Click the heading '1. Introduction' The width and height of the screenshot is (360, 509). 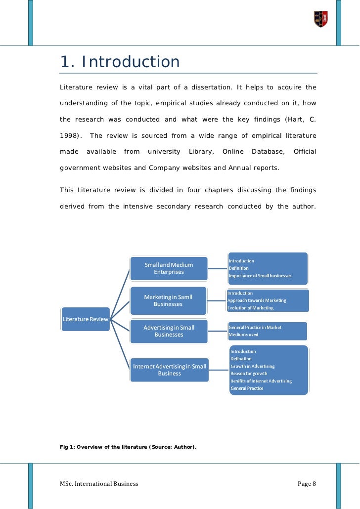tap(120, 62)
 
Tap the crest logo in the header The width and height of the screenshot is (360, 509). tap(320, 19)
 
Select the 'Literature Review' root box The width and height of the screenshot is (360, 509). tap(86, 319)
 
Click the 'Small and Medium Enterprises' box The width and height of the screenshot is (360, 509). tap(169, 268)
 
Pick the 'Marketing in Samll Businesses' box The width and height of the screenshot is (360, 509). tap(168, 300)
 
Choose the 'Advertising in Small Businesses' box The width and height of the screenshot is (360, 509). tap(169, 331)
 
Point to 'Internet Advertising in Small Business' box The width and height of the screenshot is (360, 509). tap(170, 370)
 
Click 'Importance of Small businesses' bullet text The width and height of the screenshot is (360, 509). tap(260, 275)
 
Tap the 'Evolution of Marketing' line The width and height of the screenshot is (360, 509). tap(250, 308)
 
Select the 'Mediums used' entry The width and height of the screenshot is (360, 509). tap(243, 335)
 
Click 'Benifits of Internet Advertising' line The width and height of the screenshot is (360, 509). tap(261, 381)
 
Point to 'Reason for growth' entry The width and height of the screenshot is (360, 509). tap(249, 374)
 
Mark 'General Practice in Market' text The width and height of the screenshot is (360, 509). tap(255, 328)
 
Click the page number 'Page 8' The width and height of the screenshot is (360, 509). tap(307, 483)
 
